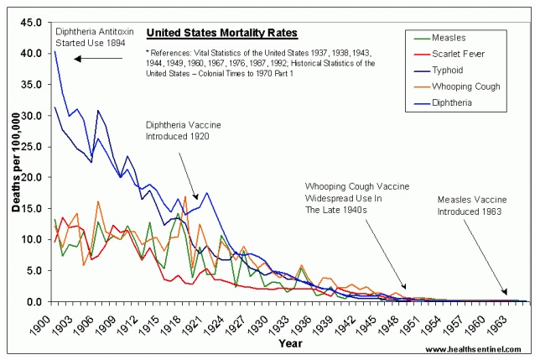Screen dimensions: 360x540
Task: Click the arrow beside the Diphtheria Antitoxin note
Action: tap(98, 59)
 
